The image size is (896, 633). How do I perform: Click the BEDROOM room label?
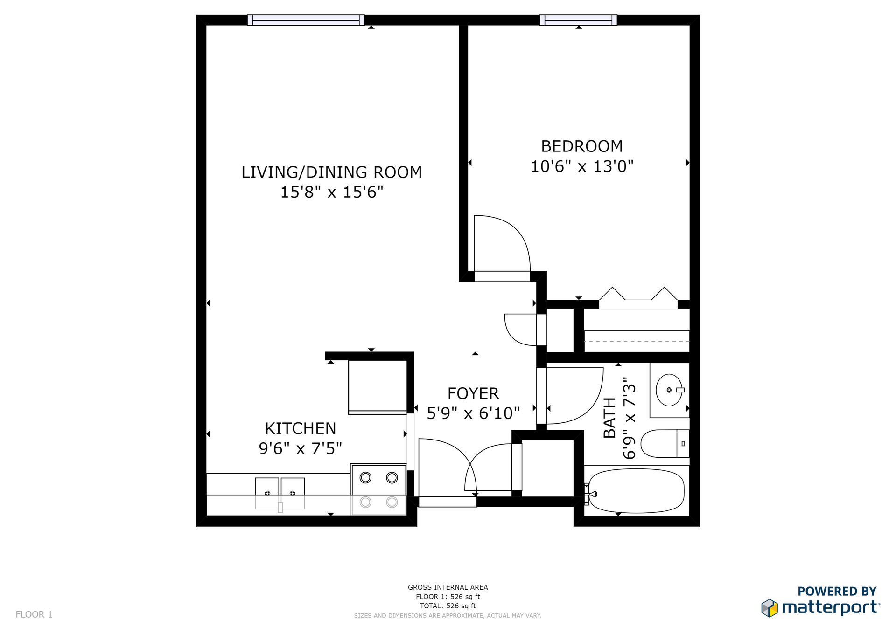point(582,146)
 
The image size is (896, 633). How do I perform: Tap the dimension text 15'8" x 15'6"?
point(332,192)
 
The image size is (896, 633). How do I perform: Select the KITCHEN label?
point(301,428)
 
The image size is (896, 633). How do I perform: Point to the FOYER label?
point(473,393)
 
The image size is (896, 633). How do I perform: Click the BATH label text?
point(609,418)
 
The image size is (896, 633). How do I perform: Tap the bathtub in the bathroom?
point(637,491)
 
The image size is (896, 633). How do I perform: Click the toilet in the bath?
point(665,444)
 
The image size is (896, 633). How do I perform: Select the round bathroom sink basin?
point(669,390)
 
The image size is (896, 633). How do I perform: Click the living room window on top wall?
point(306,20)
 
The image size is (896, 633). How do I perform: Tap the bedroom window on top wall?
point(578,20)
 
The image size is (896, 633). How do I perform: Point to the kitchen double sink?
point(280,493)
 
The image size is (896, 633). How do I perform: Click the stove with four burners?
point(378,489)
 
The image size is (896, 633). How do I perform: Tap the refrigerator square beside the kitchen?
point(378,387)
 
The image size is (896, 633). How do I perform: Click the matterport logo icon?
point(770,608)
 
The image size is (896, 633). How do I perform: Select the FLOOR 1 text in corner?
point(34,614)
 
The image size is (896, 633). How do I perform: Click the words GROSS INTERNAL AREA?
point(448,587)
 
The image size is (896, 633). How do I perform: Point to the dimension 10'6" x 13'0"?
point(582,166)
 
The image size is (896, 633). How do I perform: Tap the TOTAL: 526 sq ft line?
point(448,606)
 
